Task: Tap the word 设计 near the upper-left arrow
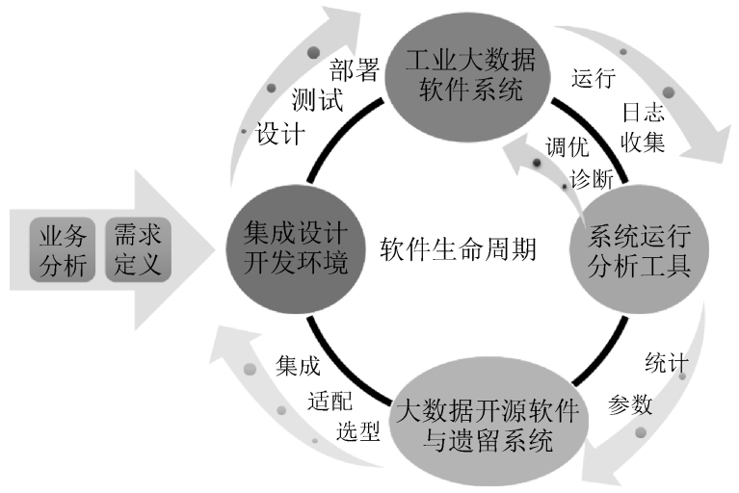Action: [x=280, y=133]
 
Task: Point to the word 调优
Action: [x=567, y=147]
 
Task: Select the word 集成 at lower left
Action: [x=297, y=366]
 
